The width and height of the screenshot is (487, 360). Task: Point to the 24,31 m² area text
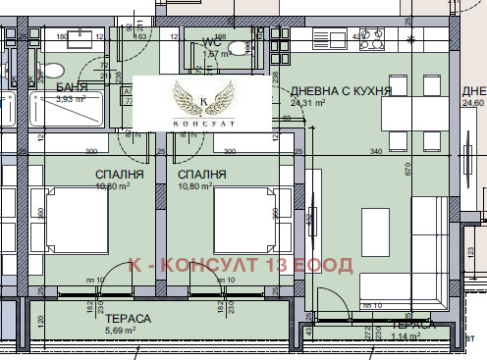coord(310,101)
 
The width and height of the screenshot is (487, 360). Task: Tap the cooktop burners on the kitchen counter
coord(373,41)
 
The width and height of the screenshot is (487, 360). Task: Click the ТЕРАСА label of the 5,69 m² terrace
coord(130,319)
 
